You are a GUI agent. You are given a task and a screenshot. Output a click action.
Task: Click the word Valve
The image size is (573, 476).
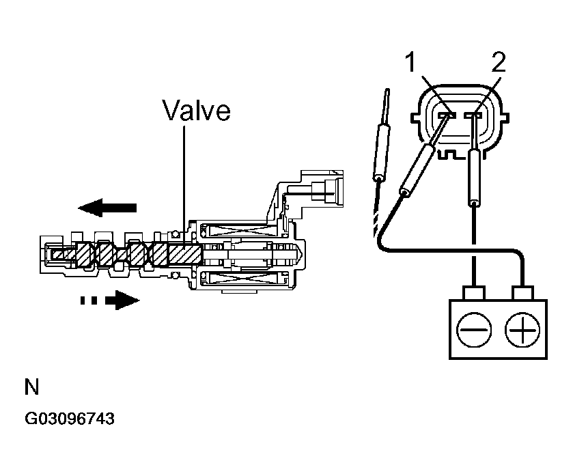[197, 111]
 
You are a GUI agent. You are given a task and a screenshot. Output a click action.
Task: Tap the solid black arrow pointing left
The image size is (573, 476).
[108, 206]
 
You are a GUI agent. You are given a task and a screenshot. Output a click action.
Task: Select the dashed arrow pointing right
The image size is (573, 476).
[109, 299]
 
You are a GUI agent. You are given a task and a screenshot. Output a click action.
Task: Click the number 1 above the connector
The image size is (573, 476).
[410, 64]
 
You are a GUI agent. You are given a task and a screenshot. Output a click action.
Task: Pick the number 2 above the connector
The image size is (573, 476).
[498, 64]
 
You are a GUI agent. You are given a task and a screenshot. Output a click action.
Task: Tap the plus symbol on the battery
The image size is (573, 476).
[521, 331]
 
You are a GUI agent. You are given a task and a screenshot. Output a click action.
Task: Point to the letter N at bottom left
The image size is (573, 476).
[32, 388]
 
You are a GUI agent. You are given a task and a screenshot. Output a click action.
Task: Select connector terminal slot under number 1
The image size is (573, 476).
[447, 117]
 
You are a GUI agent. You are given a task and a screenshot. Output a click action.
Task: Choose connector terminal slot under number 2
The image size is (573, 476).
[472, 117]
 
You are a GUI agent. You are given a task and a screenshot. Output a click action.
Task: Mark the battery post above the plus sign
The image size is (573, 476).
[521, 294]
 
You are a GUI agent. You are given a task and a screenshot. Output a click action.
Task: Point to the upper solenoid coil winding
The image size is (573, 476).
[243, 233]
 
